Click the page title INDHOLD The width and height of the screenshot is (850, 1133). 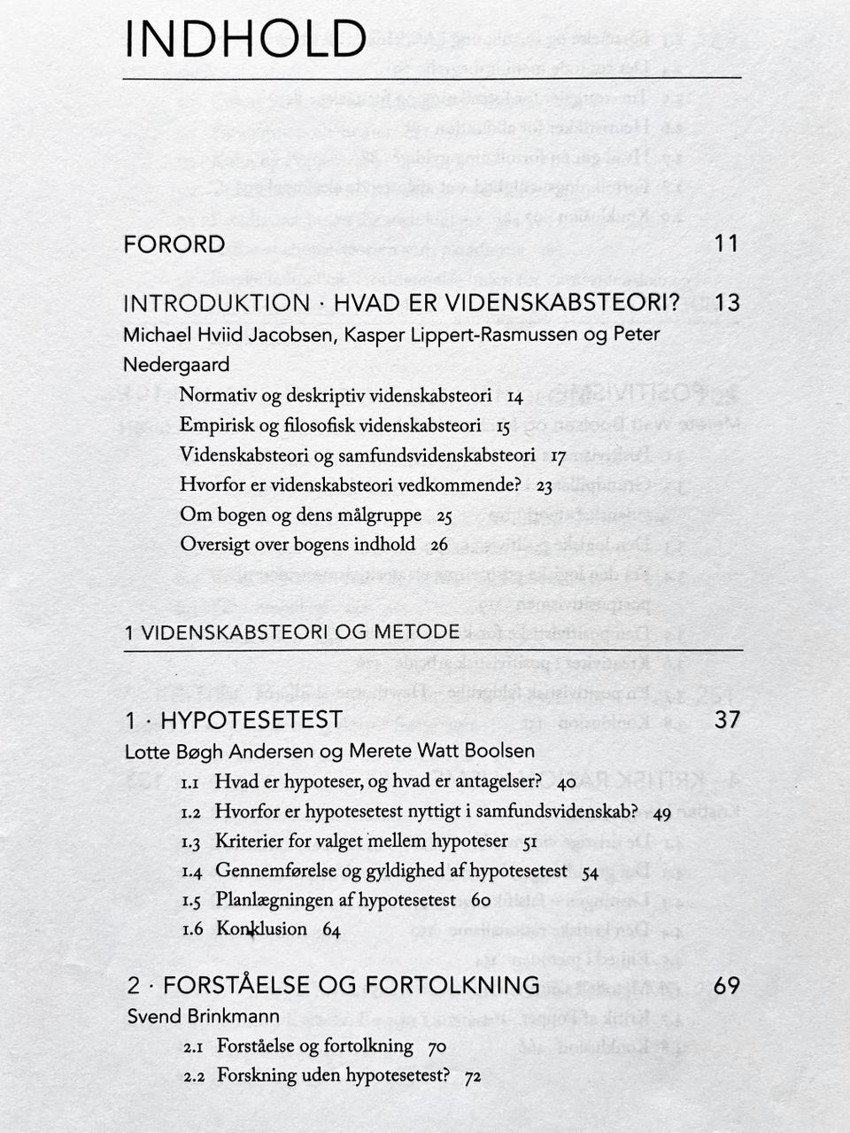coord(245,40)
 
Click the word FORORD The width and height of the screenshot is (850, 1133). coord(174,244)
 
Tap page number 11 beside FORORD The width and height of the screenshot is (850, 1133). coord(726,244)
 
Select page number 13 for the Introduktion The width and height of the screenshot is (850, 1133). coord(726,303)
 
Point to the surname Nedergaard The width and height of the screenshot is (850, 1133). coord(176,364)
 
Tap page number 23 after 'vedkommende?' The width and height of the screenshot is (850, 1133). coord(544,486)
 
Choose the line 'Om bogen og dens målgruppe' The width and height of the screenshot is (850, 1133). coord(301,515)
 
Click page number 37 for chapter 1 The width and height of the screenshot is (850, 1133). coord(726,720)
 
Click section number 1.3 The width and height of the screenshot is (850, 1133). coord(191,842)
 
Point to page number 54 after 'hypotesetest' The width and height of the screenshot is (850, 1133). coord(590,873)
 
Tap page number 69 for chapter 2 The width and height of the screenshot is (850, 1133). coord(726,985)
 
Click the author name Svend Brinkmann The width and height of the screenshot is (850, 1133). coord(203,1016)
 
